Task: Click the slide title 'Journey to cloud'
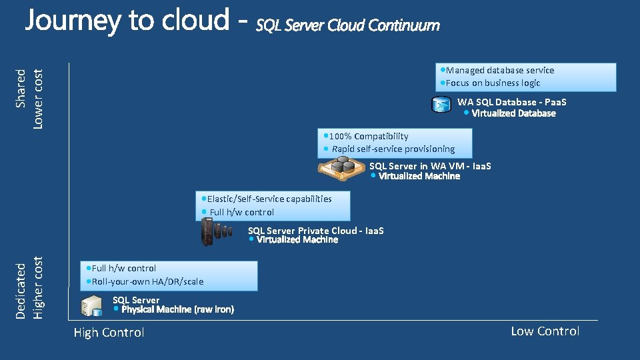click(127, 21)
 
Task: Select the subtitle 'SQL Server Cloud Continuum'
click(348, 25)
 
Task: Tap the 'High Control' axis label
click(109, 333)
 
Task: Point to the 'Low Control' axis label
click(545, 331)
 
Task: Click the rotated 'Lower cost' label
click(37, 99)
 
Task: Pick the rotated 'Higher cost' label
click(37, 288)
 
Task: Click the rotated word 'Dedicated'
click(21, 291)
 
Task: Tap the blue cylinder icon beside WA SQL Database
click(441, 104)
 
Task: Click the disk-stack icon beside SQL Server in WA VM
click(341, 168)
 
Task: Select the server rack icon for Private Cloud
click(216, 231)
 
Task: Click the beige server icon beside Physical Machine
click(91, 306)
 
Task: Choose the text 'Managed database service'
click(500, 70)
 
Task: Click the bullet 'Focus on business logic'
click(493, 83)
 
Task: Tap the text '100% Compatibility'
click(369, 136)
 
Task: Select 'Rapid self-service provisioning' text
click(393, 149)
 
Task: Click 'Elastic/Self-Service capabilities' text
click(269, 199)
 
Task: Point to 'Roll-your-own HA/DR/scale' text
click(147, 281)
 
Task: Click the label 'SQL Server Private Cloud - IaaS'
click(316, 231)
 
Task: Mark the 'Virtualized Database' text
click(513, 113)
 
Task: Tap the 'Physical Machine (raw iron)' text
click(177, 309)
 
